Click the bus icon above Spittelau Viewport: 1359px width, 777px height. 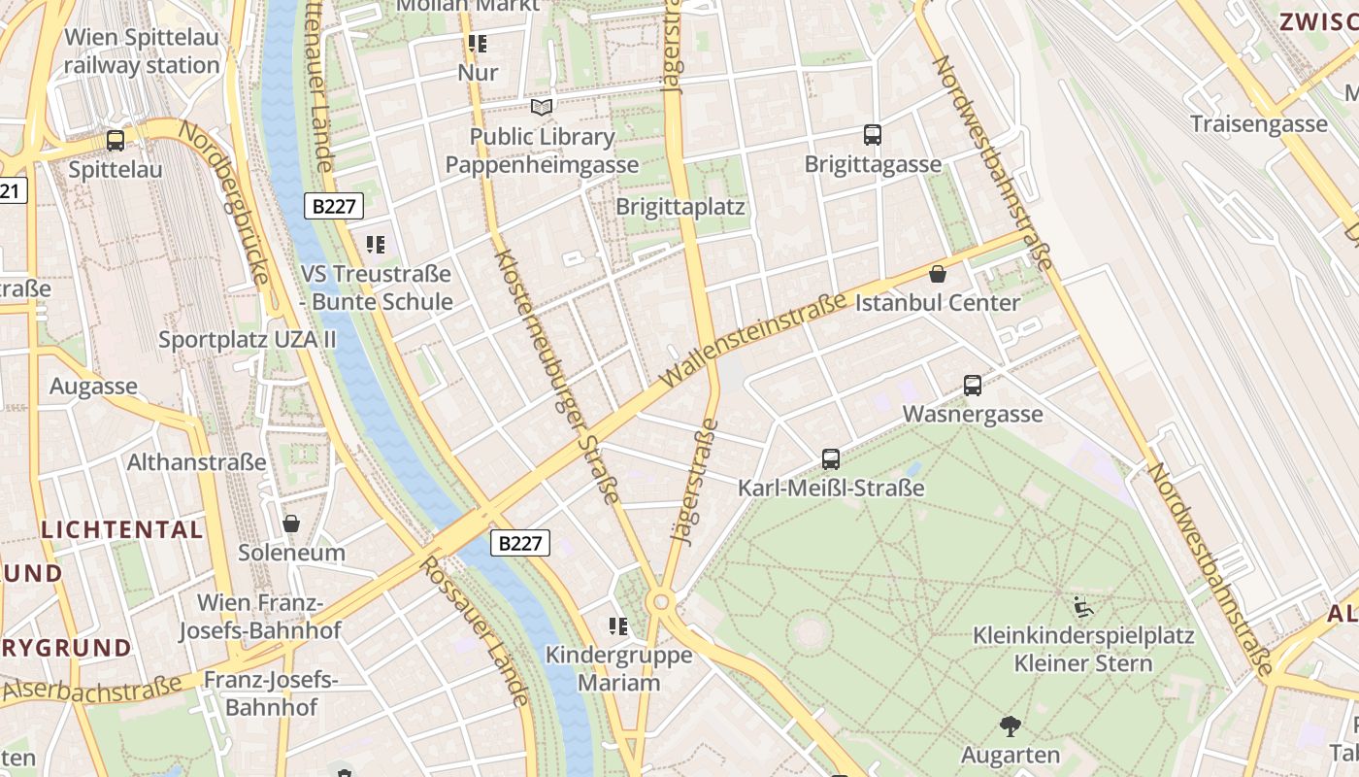tap(116, 141)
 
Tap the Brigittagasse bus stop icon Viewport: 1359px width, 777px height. tap(872, 135)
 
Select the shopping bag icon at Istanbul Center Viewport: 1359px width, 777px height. tap(938, 274)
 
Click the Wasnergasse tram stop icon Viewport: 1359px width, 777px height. tap(973, 386)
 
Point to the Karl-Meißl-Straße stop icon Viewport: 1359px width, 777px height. tap(831, 459)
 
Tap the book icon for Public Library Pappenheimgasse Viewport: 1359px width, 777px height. tap(542, 108)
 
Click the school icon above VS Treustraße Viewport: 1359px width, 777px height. tap(376, 245)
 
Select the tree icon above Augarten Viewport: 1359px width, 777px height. tap(1011, 726)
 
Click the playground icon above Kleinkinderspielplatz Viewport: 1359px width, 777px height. tap(1083, 608)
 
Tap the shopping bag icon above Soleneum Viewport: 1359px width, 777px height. tap(291, 524)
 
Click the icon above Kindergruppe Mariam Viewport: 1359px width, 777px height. tap(618, 626)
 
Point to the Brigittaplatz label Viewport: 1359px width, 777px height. tap(680, 207)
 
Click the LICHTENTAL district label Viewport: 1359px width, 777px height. tap(122, 530)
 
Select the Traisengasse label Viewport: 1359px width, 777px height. tap(1258, 124)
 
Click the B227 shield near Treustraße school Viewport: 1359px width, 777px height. tap(334, 206)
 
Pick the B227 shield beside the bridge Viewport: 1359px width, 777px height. tap(519, 543)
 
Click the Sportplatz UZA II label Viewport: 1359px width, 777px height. tap(247, 340)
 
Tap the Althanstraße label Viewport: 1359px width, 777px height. tap(196, 461)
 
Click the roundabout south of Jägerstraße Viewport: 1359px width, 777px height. tap(661, 602)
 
